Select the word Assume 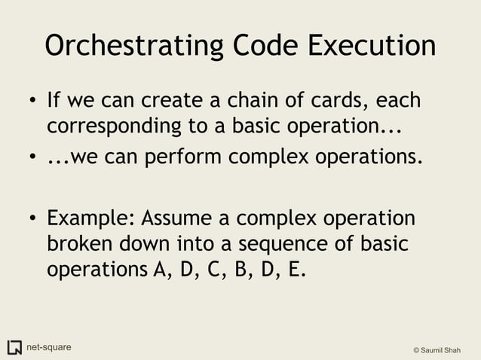coord(185,218)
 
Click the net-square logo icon coord(14,347)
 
